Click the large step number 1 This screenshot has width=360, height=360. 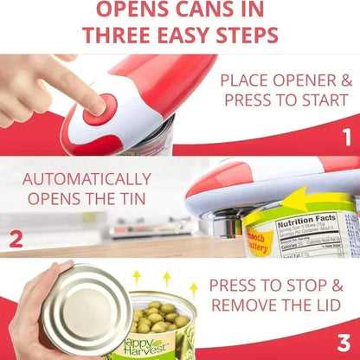tap(346, 137)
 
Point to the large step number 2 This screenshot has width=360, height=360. tap(16, 239)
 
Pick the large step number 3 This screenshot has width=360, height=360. tap(344, 341)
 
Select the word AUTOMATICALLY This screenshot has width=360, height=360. tap(86, 180)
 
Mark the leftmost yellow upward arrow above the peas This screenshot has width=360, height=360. tap(137, 278)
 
